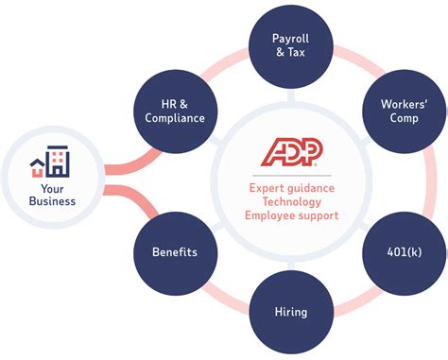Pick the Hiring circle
pyautogui.click(x=289, y=311)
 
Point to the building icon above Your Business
pyautogui.click(x=50, y=163)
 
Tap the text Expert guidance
pyautogui.click(x=292, y=188)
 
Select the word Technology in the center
pyautogui.click(x=292, y=202)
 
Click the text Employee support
pyautogui.click(x=292, y=216)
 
